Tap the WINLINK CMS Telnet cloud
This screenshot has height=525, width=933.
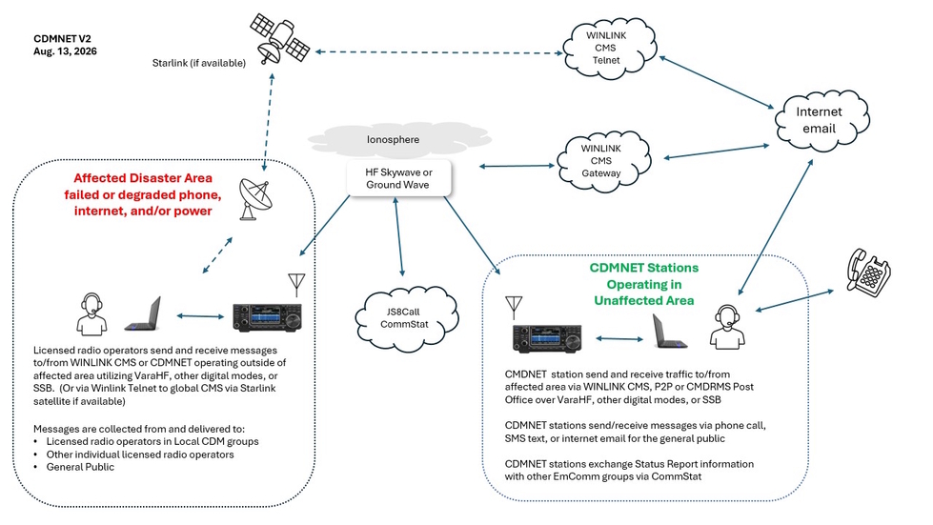click(610, 48)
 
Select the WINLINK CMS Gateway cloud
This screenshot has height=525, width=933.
click(603, 161)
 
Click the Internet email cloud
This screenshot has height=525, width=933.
click(821, 120)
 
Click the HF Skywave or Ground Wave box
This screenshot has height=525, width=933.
click(398, 178)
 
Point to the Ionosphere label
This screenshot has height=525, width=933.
click(393, 140)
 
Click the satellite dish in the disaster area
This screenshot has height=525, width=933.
click(254, 199)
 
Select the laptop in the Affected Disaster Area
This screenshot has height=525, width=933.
click(143, 313)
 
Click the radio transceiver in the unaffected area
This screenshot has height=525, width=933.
click(547, 338)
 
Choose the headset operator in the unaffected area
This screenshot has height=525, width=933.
click(727, 326)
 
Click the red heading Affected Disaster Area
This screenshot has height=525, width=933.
click(143, 178)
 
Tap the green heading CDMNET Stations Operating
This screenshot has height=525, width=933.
click(644, 276)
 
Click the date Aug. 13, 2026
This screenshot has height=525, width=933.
click(65, 51)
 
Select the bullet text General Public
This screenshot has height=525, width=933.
click(80, 467)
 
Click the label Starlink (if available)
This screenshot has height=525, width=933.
click(199, 63)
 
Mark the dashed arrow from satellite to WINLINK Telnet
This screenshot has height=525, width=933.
click(438, 52)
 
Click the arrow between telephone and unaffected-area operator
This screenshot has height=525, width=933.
click(795, 300)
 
